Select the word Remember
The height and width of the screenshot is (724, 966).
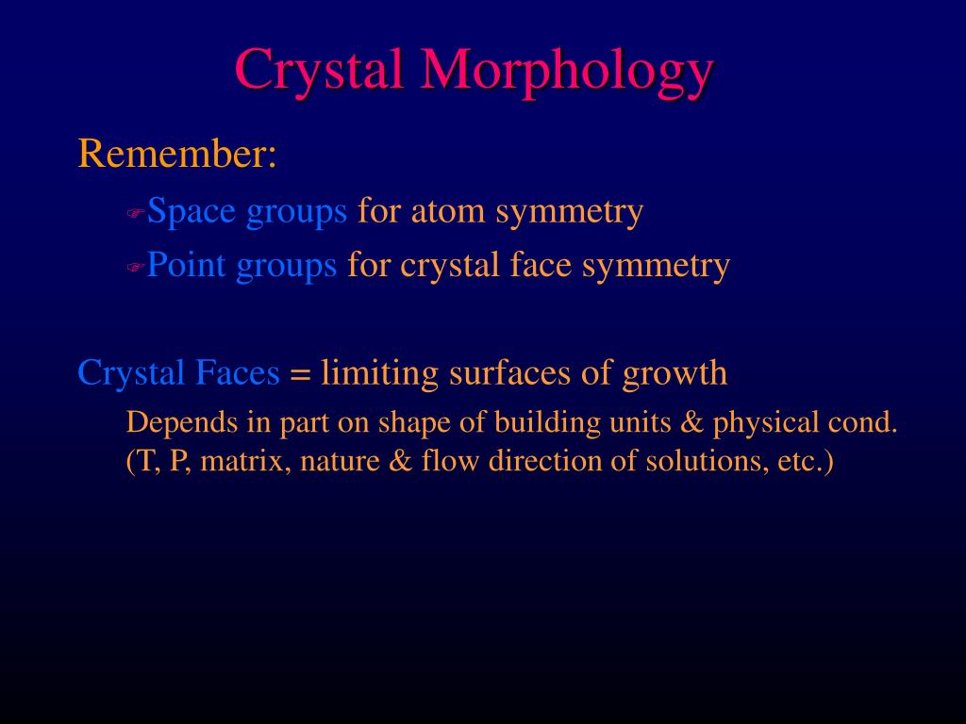point(177,154)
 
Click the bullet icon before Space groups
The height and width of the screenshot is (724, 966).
point(134,214)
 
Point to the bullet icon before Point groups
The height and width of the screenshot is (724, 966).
point(134,269)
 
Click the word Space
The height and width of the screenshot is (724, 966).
point(192,212)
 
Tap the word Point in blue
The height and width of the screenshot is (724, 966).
point(187,266)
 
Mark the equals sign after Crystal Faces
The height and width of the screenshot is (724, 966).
point(300,375)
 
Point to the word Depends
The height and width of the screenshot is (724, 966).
point(183,423)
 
